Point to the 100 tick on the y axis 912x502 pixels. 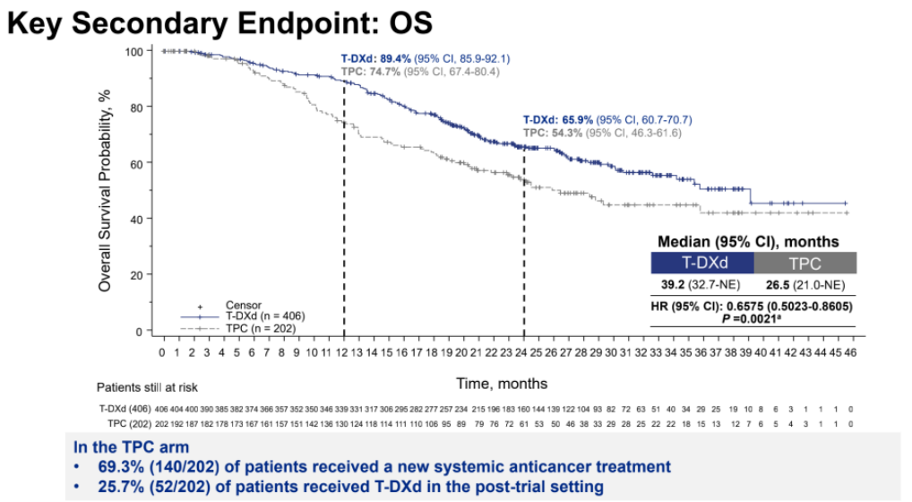click(143, 51)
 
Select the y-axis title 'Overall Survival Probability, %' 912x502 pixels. click(105, 190)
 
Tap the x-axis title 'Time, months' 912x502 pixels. click(502, 383)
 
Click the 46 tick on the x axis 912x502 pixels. click(848, 353)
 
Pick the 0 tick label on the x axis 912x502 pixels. click(162, 353)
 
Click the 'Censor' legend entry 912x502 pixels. click(243, 306)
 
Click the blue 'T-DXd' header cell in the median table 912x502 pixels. click(702, 263)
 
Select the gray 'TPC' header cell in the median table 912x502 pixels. click(804, 263)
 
